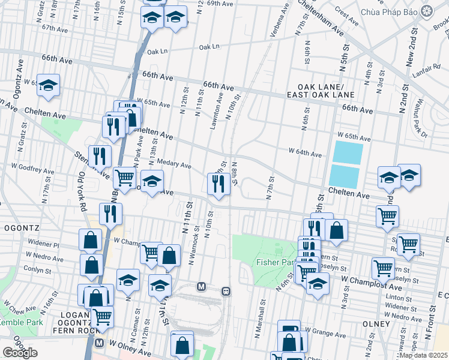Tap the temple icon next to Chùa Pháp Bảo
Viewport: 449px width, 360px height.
click(x=427, y=11)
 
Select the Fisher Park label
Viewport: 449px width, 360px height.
click(x=274, y=262)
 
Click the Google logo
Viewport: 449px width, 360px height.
click(x=20, y=352)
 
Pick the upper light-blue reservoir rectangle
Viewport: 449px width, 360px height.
click(x=348, y=152)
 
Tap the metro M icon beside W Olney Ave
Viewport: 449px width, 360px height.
click(x=100, y=344)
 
